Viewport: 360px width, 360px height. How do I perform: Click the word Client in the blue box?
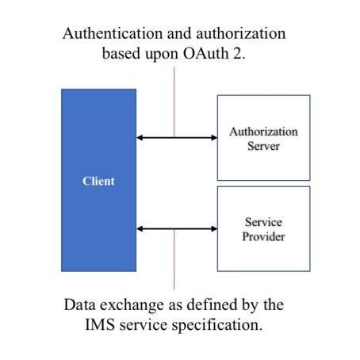click(98, 181)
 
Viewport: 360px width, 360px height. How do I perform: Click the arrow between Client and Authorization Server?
click(176, 137)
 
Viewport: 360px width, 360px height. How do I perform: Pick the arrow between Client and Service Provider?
click(176, 228)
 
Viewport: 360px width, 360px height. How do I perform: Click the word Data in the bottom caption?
click(79, 304)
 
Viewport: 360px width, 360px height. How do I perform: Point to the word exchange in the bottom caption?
click(126, 304)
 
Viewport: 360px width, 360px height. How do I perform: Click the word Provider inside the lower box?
click(263, 236)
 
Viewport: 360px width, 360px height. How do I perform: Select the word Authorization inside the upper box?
click(263, 131)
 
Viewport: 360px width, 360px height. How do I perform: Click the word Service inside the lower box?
click(263, 222)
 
